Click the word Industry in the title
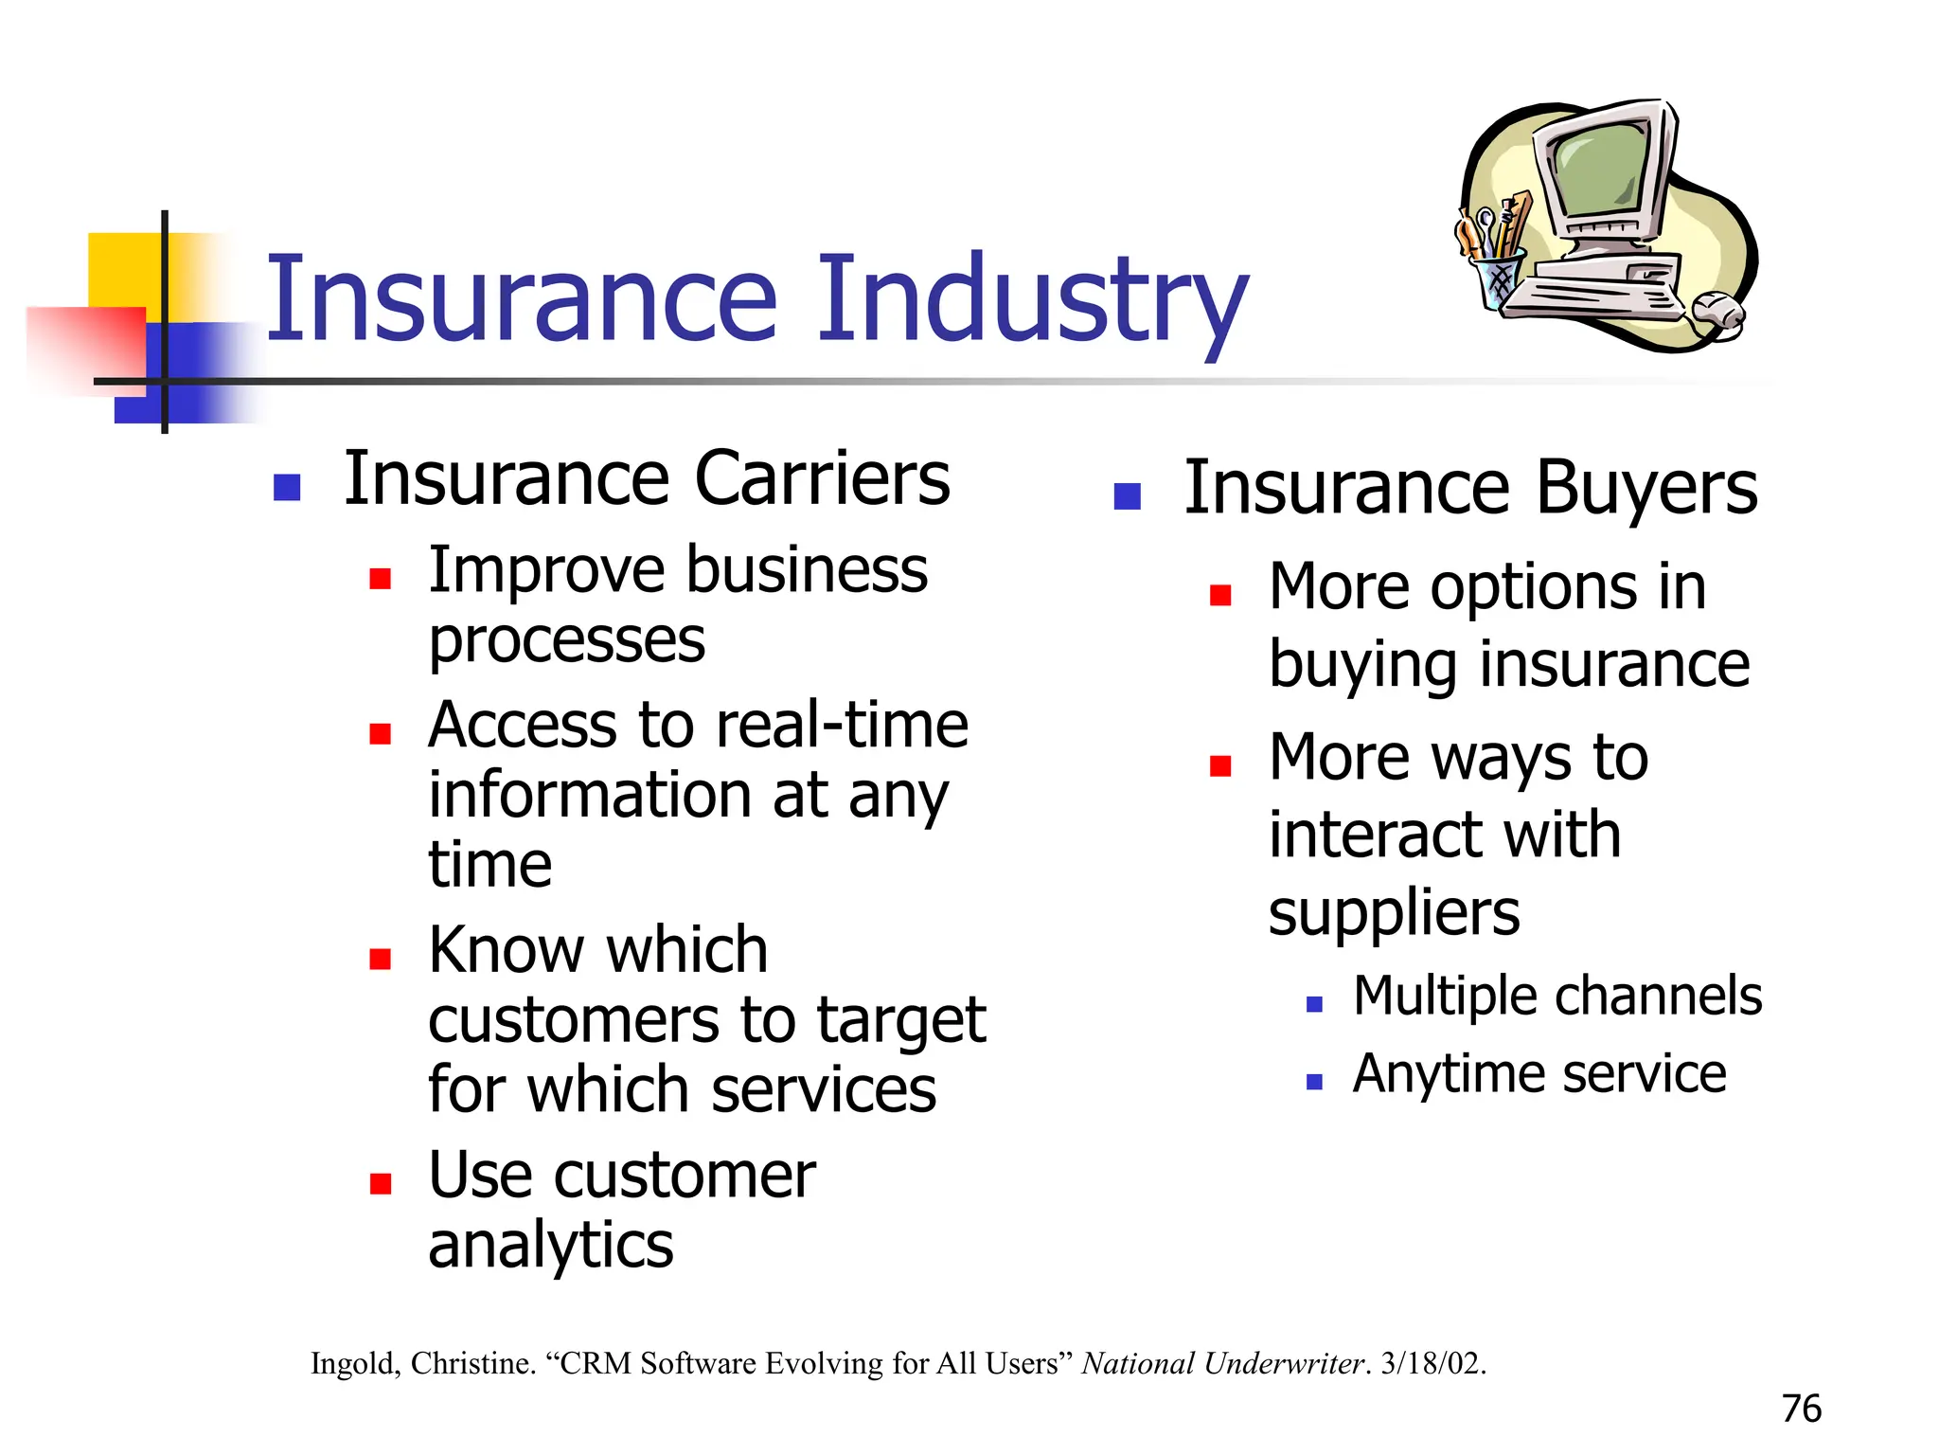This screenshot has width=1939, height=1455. pyautogui.click(x=1032, y=301)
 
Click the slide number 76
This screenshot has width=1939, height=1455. pyautogui.click(x=1801, y=1409)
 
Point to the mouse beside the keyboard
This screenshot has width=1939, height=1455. pyautogui.click(x=1717, y=312)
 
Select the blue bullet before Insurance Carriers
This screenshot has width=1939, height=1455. pyautogui.click(x=287, y=487)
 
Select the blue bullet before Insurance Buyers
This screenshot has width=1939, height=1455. pyautogui.click(x=1127, y=495)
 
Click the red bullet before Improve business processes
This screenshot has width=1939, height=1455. pyautogui.click(x=381, y=579)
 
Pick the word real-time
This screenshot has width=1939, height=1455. pyautogui.click(x=843, y=726)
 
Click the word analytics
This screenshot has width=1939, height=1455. pyautogui.click(x=550, y=1245)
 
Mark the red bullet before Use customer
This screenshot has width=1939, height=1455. pyautogui.click(x=381, y=1183)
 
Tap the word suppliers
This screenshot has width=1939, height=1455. pyautogui.click(x=1394, y=913)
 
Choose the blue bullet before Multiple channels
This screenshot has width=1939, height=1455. pyautogui.click(x=1314, y=1004)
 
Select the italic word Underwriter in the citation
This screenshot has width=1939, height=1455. pyautogui.click(x=1284, y=1363)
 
